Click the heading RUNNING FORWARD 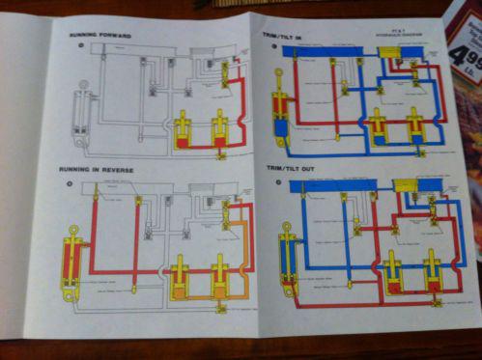coord(100,36)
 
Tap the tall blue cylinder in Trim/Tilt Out coord(287,256)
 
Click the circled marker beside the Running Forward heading coord(65,45)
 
